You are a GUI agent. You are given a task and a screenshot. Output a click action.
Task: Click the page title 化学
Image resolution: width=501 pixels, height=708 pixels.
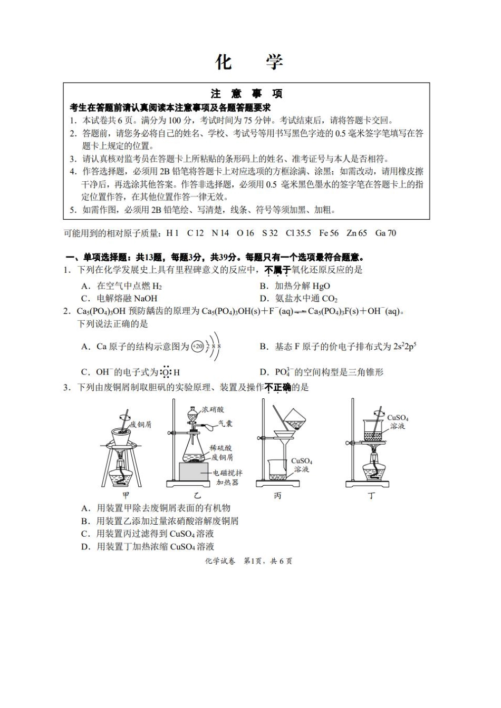click(x=249, y=62)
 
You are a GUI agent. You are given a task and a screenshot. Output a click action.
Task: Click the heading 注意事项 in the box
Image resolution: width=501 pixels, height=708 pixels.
click(x=247, y=94)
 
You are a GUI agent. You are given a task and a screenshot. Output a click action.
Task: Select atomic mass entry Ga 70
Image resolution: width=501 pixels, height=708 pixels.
click(x=386, y=233)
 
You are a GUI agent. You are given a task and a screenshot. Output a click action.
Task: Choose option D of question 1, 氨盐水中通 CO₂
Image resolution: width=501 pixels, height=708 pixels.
click(x=306, y=298)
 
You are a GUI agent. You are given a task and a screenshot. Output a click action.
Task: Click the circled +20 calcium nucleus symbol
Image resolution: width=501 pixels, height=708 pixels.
click(x=198, y=346)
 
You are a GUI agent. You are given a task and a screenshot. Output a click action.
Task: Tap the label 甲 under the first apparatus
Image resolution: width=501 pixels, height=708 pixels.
click(x=126, y=495)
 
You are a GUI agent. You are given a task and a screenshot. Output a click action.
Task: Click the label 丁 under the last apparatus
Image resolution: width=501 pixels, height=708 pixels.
click(x=371, y=496)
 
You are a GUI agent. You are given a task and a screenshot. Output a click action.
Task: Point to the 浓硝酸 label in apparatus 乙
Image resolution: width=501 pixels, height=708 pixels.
click(x=213, y=409)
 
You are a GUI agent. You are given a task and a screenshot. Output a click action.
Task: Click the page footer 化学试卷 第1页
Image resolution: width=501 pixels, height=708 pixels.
click(x=248, y=561)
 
